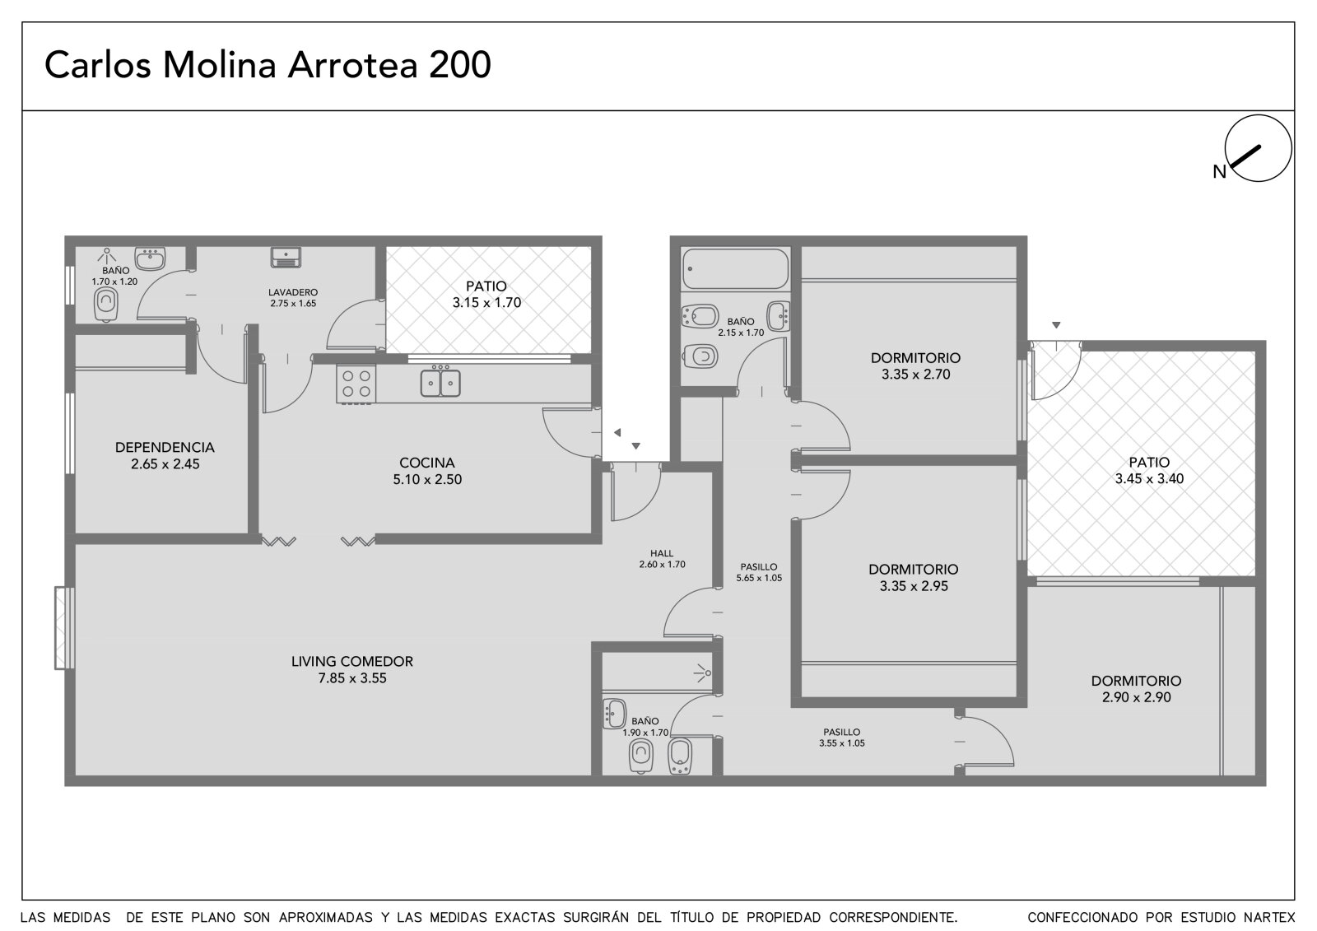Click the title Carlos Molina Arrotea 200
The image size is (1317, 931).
click(268, 65)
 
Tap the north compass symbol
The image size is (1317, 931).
click(1258, 148)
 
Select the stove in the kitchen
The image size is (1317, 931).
click(356, 384)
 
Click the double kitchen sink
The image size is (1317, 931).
click(440, 383)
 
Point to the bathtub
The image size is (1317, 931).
click(736, 269)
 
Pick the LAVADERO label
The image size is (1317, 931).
click(293, 292)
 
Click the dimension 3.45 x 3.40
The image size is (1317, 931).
click(1149, 479)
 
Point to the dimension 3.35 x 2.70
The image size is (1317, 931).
click(915, 374)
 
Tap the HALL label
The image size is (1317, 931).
click(662, 553)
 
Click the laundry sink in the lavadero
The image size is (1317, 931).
click(286, 257)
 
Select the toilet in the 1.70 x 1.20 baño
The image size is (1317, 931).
click(106, 305)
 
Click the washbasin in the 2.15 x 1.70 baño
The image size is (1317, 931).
click(779, 316)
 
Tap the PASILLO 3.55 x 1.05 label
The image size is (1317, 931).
click(841, 738)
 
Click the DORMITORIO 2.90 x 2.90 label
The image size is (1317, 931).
click(1136, 689)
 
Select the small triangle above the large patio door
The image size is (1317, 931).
click(1056, 325)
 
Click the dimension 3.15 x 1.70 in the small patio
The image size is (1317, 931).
click(486, 303)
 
